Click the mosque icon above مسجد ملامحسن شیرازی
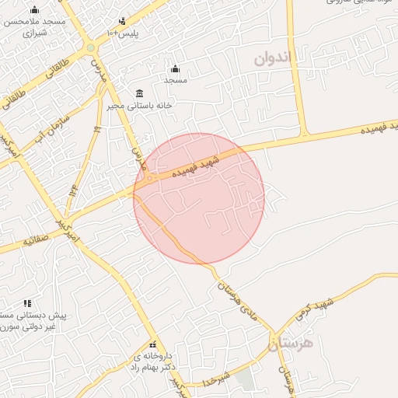coord(34,10)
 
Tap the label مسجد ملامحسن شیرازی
coord(36,27)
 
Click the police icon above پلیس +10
coord(121,22)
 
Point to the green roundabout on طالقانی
coord(91,48)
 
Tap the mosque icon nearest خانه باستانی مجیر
coord(174,68)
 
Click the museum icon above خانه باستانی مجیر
coord(140,93)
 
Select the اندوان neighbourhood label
coord(275,58)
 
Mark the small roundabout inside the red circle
coord(149,178)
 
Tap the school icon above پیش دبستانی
coord(27,303)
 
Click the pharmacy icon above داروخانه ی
coord(152,344)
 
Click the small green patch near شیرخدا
coord(245,379)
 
